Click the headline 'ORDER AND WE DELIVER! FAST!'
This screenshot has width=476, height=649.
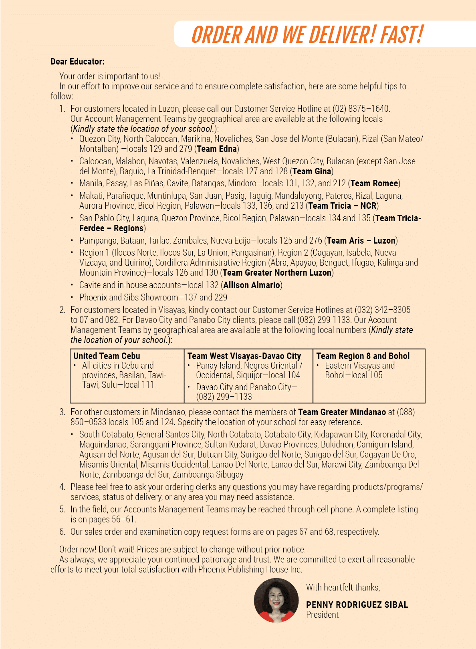tap(307, 34)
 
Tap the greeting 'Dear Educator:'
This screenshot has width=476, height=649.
tap(77, 62)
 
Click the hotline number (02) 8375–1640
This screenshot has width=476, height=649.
tap(361, 109)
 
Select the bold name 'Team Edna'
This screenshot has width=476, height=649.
tap(217, 149)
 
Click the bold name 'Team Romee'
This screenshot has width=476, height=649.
tap(374, 183)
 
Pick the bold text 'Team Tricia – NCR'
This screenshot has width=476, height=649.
tap(342, 206)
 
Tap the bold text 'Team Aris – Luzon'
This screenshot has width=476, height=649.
tap(361, 241)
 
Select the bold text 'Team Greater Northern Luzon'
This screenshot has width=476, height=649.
tap(277, 273)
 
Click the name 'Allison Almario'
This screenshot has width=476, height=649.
tap(252, 285)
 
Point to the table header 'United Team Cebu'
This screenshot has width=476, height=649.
tap(107, 356)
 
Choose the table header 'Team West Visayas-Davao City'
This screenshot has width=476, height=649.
tap(244, 356)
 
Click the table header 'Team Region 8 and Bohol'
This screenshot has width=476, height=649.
tap(363, 356)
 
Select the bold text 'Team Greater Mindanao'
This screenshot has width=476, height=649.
tap(342, 412)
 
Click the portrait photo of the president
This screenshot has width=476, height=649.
tap(276, 600)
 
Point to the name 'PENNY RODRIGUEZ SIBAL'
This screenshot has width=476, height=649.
tap(357, 605)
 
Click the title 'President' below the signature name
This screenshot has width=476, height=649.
tap(322, 615)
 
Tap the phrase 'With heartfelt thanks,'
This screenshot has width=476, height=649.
tap(343, 588)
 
